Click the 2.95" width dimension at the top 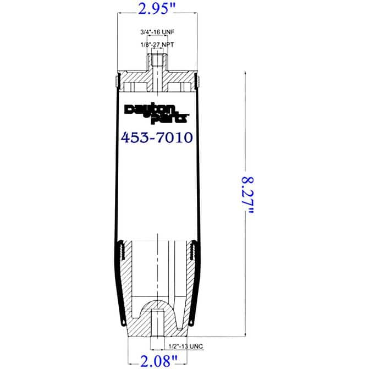click(x=157, y=10)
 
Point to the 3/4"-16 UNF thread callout click(x=157, y=31)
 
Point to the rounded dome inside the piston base click(x=157, y=308)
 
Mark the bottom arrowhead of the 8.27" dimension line click(x=245, y=333)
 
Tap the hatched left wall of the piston click(x=128, y=286)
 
